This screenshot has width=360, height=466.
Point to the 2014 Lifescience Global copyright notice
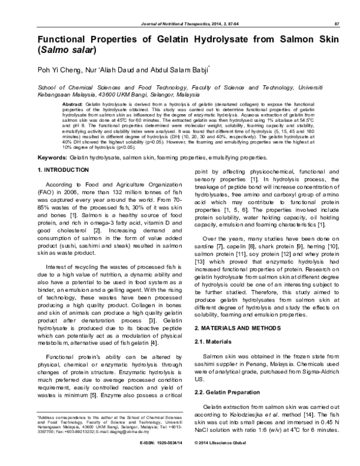tap(223, 461)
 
